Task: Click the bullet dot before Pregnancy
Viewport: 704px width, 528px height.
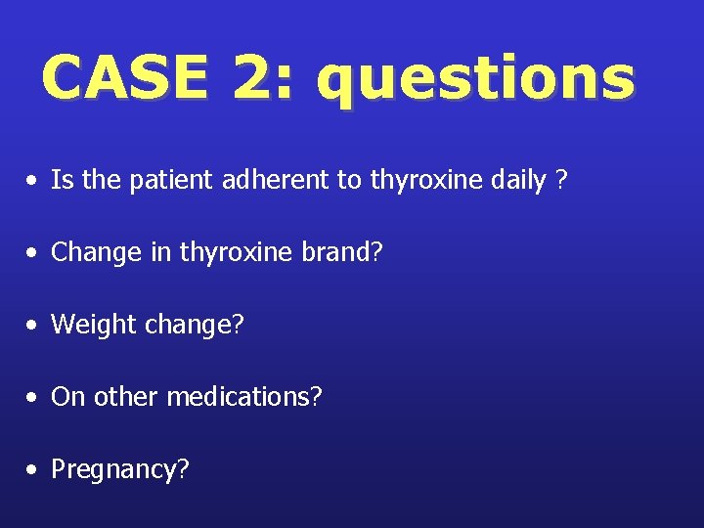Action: (34, 470)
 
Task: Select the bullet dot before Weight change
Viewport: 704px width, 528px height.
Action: (34, 326)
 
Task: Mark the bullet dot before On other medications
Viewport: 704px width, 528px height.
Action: (34, 398)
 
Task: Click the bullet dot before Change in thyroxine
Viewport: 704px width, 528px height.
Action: (34, 253)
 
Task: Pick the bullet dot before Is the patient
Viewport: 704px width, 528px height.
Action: (34, 181)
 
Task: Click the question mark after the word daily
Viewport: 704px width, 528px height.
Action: (560, 180)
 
